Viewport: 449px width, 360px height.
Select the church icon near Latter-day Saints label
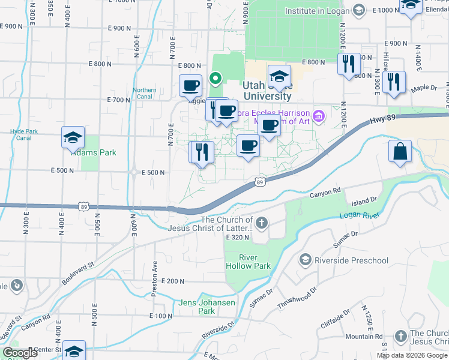tap(261, 224)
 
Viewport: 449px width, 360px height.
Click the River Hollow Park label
tap(247, 262)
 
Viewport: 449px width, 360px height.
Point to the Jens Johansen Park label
tap(206, 307)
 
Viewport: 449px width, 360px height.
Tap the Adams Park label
tap(94, 152)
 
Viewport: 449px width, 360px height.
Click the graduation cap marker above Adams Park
tap(73, 138)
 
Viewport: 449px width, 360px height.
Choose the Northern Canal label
tap(145, 94)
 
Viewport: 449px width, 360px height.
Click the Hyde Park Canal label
tap(24, 134)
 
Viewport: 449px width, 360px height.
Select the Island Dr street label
tap(365, 200)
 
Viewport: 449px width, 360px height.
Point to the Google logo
tap(20, 353)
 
